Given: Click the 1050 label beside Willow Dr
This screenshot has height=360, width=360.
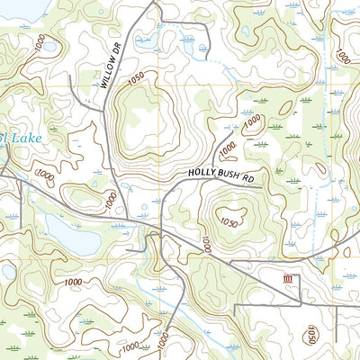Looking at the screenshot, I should click(136, 81).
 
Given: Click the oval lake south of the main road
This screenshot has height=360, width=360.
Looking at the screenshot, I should click(72, 236).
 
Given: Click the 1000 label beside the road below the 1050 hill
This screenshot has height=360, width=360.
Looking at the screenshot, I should click(206, 244).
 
